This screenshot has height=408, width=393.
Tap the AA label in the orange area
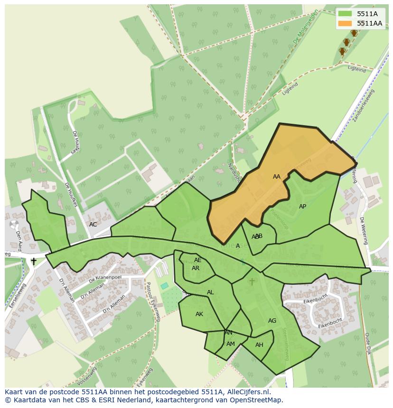coord(277,177)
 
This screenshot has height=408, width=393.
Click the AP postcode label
coord(302,207)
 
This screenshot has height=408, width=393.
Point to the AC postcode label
coord(93,225)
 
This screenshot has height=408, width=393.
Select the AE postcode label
coord(198,260)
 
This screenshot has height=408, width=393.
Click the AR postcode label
coord(196,268)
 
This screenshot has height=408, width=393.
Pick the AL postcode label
coord(210,292)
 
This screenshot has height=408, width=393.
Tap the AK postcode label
coord(199,314)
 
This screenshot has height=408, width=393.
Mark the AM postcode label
coord(231,344)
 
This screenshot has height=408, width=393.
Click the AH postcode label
coord(259,345)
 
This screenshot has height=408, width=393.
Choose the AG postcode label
coord(272,321)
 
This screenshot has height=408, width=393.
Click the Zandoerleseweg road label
coord(364,105)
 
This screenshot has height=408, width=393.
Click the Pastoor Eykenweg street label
coord(153,301)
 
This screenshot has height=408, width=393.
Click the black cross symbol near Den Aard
coord(34,261)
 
